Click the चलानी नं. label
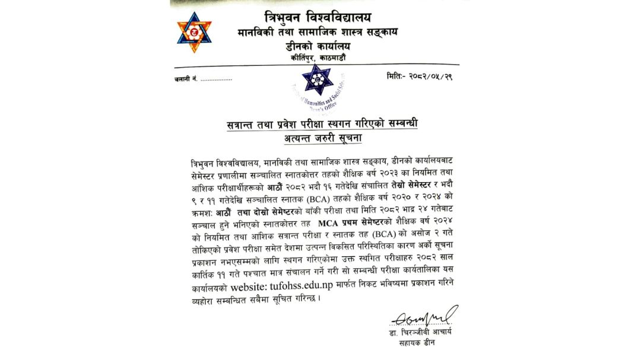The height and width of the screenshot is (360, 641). point(187,78)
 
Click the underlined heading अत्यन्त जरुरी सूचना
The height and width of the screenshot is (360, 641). point(322,138)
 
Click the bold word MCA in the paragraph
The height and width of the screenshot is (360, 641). point(330,224)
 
